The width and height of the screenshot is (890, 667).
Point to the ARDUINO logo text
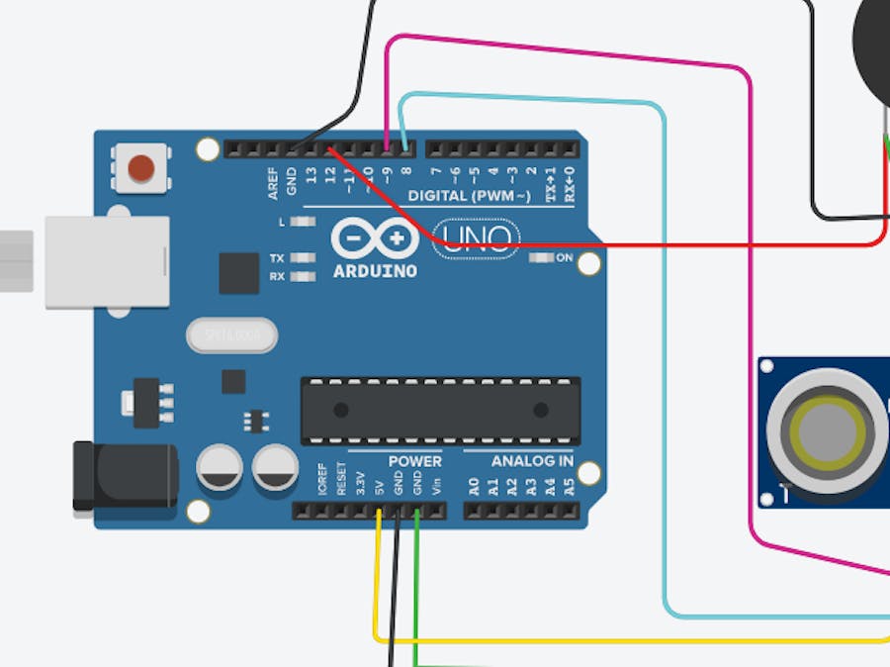[375, 271]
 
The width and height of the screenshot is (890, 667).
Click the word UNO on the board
[478, 238]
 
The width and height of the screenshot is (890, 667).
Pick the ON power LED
[542, 258]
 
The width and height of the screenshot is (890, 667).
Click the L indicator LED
[304, 222]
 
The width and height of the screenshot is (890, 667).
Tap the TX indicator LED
[304, 258]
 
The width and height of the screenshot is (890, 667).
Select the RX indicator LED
[304, 276]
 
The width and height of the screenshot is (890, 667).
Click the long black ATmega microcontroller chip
[440, 410]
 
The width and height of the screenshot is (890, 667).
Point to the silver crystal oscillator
[231, 336]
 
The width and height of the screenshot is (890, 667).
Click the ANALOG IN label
[531, 461]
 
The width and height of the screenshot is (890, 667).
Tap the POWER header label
[414, 461]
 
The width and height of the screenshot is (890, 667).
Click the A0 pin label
[474, 486]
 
